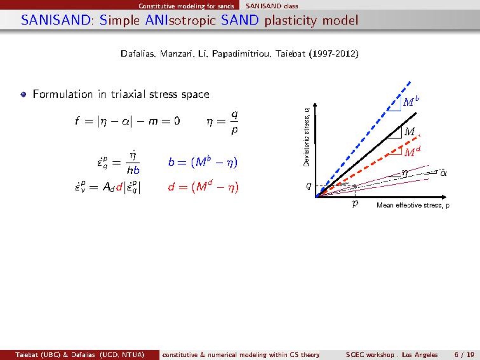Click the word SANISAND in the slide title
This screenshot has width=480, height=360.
(56, 20)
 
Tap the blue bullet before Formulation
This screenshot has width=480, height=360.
(24, 94)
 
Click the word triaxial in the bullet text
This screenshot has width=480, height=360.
(128, 94)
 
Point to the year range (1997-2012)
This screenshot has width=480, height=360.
(334, 54)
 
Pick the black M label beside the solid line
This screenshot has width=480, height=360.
(409, 132)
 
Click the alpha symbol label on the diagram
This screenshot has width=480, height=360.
(443, 173)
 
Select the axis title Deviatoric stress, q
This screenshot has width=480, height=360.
(306, 138)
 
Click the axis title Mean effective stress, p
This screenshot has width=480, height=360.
(413, 206)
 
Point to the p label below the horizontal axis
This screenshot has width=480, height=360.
(355, 204)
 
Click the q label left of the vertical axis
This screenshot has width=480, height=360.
(309, 186)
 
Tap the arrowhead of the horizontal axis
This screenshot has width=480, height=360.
(444, 197)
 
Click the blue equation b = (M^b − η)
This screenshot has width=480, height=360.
(203, 162)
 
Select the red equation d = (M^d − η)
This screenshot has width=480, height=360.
(203, 187)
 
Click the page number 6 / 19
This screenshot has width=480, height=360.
(464, 355)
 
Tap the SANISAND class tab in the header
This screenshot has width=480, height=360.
(272, 6)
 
